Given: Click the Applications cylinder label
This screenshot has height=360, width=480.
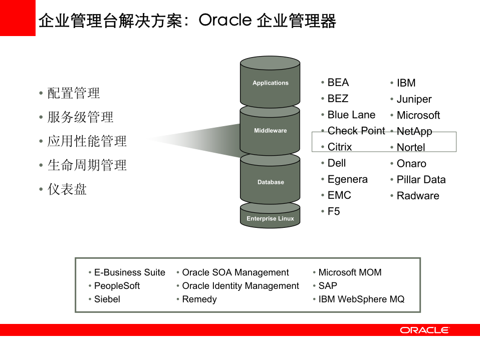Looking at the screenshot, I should click(x=271, y=83).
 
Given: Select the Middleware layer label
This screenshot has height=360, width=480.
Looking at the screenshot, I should click(x=271, y=131).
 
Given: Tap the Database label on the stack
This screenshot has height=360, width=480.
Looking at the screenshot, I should click(x=271, y=182).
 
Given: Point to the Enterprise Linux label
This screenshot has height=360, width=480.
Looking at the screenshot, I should click(x=270, y=219).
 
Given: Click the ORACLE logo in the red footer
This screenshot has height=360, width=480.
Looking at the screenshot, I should click(x=424, y=330).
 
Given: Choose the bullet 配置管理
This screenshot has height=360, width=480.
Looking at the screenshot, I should click(x=74, y=93).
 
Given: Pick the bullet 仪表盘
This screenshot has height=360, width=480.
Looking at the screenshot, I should click(x=67, y=189).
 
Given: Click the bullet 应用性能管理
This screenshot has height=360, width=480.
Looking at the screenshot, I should click(x=87, y=141).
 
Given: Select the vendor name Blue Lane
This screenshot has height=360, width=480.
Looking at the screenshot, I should click(x=351, y=115).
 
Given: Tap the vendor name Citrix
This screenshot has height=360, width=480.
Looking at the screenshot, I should click(x=340, y=147).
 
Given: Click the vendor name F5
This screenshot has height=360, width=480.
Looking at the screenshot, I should click(x=334, y=212).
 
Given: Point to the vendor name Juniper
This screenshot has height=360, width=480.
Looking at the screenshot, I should click(x=414, y=99).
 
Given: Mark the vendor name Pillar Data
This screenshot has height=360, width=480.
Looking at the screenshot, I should click(x=421, y=180).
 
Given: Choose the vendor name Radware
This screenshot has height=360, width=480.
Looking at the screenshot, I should click(x=418, y=196).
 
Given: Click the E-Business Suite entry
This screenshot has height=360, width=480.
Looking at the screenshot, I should click(x=129, y=273).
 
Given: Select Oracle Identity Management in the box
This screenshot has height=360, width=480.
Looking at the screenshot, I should click(x=241, y=286).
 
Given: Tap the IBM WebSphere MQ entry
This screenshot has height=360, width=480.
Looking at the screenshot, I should click(x=361, y=299).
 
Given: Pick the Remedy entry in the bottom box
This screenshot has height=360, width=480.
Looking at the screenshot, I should click(x=199, y=299).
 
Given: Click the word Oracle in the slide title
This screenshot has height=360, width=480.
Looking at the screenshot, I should click(x=224, y=21).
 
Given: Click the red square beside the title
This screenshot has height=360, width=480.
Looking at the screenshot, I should click(x=18, y=18).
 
